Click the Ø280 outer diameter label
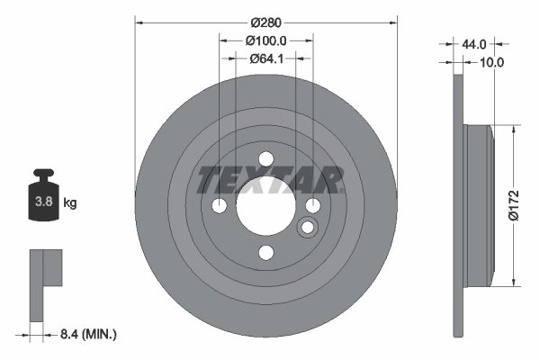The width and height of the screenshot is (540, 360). click(265, 21)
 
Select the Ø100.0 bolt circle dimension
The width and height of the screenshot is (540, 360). click(265, 40)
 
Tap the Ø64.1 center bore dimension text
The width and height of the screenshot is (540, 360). click(265, 58)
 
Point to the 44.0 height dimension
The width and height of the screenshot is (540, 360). click(473, 44)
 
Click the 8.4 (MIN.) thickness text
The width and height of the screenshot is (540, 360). click(87, 334)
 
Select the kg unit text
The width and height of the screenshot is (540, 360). click(70, 203)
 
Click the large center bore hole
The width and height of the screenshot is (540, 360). click(265, 206)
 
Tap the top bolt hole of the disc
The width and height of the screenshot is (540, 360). click(265, 160)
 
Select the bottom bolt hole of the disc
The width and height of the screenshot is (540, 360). click(265, 252)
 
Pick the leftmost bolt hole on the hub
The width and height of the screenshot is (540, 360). click(220, 206)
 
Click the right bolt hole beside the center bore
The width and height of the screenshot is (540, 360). click(311, 206)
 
